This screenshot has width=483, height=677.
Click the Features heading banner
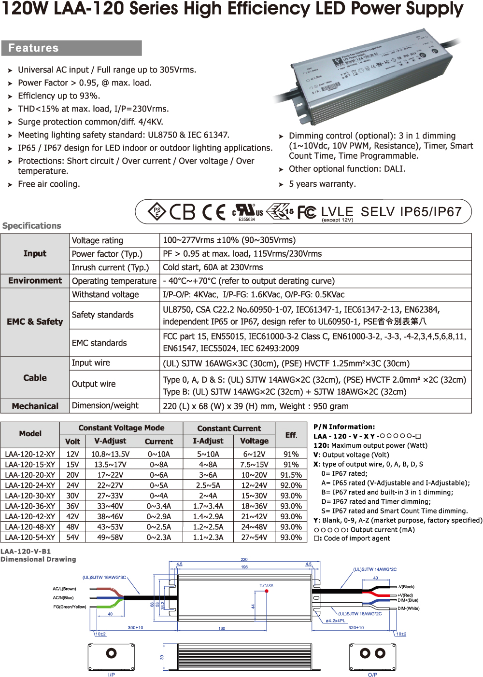coord(71,48)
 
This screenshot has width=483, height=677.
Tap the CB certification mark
coord(183,212)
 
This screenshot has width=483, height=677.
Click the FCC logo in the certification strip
coord(307,212)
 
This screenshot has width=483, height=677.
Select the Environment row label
coord(35,281)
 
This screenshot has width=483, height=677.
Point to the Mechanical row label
coord(35,406)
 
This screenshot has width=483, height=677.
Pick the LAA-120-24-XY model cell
coord(30,485)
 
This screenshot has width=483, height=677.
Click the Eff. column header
coord(291,435)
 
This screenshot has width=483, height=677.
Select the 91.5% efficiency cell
coord(291,475)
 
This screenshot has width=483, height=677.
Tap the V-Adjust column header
coord(110,441)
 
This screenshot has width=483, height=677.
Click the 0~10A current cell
coord(158,454)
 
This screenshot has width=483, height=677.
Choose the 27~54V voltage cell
coord(254,538)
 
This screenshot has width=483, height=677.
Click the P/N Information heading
coord(344,427)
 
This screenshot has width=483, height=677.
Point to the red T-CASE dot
coord(267,591)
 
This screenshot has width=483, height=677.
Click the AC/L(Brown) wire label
coord(64,589)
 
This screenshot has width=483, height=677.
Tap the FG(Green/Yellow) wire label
coord(70,607)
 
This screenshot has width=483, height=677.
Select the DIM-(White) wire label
coord(409,608)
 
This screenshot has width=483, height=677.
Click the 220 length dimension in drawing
coord(244,560)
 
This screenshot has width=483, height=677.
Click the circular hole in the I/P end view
coord(112,653)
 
